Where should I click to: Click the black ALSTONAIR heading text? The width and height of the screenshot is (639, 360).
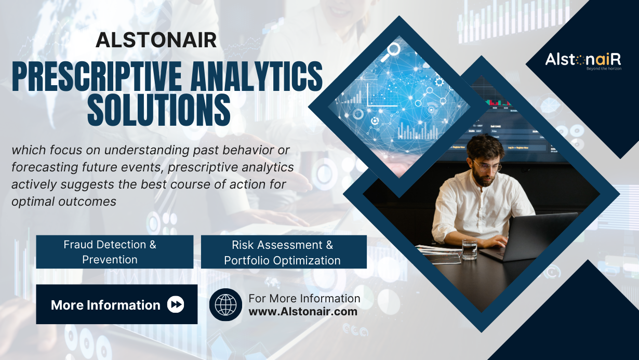tap(156, 40)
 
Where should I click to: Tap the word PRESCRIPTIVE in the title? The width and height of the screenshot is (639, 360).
tap(97, 76)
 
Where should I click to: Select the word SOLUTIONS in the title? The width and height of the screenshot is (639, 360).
tap(159, 110)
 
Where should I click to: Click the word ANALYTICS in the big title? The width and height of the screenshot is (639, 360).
tap(257, 76)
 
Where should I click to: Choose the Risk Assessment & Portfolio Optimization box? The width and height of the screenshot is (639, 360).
tap(284, 252)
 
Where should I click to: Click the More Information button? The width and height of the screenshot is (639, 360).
tap(117, 304)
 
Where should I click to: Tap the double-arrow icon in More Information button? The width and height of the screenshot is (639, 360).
tap(176, 304)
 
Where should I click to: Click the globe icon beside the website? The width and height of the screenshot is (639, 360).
tap(225, 304)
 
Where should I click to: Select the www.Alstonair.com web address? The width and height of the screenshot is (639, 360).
tap(303, 312)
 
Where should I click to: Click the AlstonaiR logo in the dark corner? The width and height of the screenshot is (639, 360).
tap(583, 60)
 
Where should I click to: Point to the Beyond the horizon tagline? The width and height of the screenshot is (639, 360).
tap(604, 69)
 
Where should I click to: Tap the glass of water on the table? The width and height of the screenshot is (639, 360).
tap(469, 249)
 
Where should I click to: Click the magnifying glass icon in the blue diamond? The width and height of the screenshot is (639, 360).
tap(391, 51)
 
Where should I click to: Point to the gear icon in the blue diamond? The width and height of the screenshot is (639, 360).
tap(440, 82)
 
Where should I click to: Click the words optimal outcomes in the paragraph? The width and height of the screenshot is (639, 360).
tap(64, 202)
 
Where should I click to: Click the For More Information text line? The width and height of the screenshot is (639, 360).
tap(304, 299)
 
